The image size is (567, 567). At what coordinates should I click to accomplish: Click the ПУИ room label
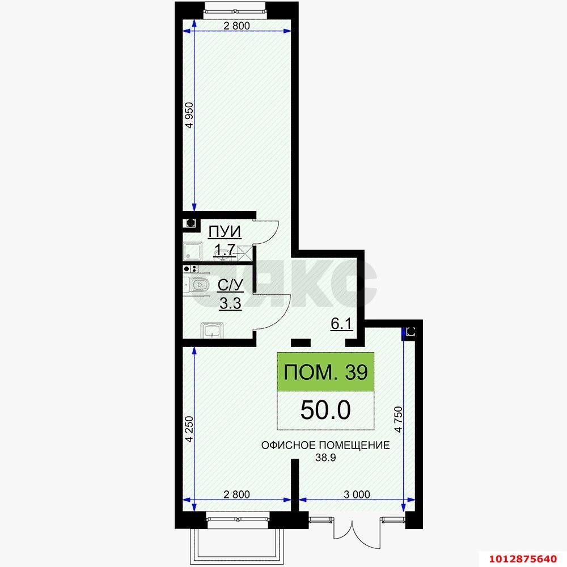[x=225, y=232]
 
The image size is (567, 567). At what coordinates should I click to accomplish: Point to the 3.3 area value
[x=230, y=303]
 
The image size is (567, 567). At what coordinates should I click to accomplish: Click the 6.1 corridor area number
[x=342, y=324]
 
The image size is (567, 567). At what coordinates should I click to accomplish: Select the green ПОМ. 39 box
[x=325, y=373]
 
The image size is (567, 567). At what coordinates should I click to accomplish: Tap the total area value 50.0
[x=325, y=410]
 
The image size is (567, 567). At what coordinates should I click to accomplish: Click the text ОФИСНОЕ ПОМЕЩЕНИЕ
[x=325, y=445]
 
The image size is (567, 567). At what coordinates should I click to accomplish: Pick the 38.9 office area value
[x=326, y=458]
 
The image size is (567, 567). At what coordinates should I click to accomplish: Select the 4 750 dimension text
[x=399, y=420]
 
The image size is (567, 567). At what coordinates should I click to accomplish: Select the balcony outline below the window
[x=235, y=545]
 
